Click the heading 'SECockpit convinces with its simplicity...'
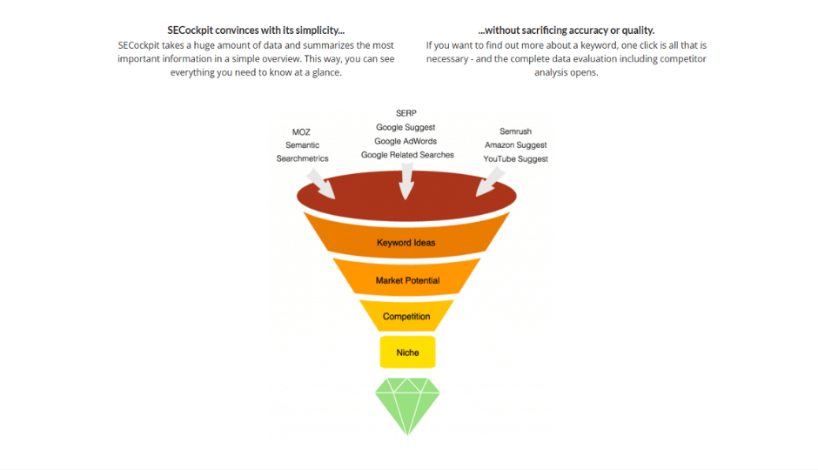pyautogui.click(x=256, y=30)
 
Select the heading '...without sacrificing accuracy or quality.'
pyautogui.click(x=566, y=30)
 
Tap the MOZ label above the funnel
pyautogui.click(x=301, y=132)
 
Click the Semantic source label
pyautogui.click(x=302, y=145)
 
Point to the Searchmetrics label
pyautogui.click(x=302, y=158)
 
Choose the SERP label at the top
pyautogui.click(x=406, y=113)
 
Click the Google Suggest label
pyautogui.click(x=406, y=127)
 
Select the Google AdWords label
pyautogui.click(x=406, y=141)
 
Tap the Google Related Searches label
pyautogui.click(x=407, y=155)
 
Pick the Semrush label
pyautogui.click(x=515, y=131)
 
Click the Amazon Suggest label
pyautogui.click(x=515, y=145)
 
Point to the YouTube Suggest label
pyautogui.click(x=515, y=159)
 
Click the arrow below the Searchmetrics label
pyautogui.click(x=321, y=183)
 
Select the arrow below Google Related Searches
pyautogui.click(x=406, y=181)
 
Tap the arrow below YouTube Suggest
pyautogui.click(x=491, y=182)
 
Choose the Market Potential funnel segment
pyautogui.click(x=407, y=278)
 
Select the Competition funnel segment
pyautogui.click(x=406, y=316)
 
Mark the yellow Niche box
pyautogui.click(x=407, y=352)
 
